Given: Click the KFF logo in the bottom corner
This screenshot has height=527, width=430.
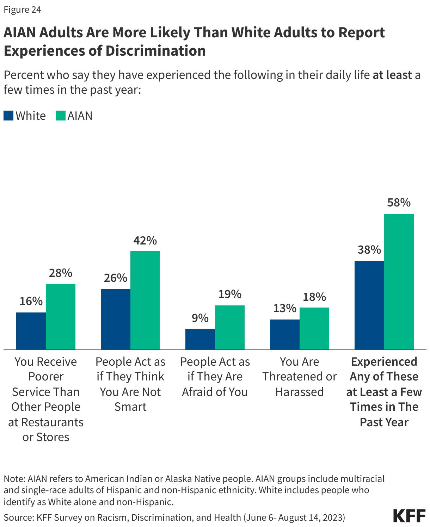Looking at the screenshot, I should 409,516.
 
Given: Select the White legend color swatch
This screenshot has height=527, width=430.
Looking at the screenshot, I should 8,116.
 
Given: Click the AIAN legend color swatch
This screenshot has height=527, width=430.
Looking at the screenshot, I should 60,116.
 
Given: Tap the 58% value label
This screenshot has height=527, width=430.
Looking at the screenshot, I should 399,203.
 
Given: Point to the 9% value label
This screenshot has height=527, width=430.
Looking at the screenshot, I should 200,318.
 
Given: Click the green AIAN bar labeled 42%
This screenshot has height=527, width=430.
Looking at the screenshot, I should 145,300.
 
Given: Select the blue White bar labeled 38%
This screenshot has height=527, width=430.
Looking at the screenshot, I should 369,305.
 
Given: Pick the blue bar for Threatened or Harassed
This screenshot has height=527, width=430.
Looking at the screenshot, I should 284,334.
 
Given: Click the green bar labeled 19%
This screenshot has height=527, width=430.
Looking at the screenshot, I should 229,327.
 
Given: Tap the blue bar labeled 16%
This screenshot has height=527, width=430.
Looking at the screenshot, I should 31,331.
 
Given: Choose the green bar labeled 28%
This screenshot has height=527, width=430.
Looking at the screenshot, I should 60,317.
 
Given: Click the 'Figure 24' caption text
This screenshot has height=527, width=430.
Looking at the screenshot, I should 22,10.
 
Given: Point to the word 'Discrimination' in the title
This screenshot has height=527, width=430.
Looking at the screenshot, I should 155,51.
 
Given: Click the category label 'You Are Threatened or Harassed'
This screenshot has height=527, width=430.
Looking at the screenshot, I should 299,377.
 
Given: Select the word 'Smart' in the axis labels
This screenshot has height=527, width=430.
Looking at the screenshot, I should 130,407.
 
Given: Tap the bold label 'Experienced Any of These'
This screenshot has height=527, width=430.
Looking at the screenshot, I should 384,369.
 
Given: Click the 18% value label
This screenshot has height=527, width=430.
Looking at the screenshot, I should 314,297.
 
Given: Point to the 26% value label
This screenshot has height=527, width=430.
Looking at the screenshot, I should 115,278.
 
